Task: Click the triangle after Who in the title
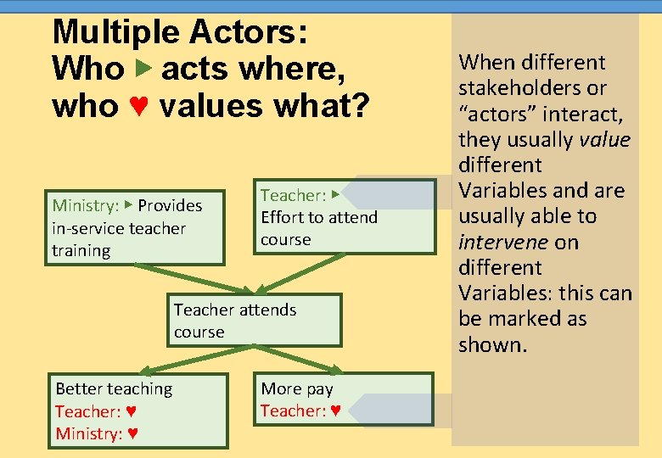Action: [142, 68]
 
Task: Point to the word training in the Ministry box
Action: [81, 250]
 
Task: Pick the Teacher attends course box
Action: [254, 320]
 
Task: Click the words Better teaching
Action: [114, 388]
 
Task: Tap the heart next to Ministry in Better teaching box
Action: [133, 434]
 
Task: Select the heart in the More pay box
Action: [335, 411]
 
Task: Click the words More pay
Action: [297, 388]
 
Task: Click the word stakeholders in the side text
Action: [519, 87]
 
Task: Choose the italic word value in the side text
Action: [604, 139]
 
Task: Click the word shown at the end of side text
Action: [492, 344]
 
